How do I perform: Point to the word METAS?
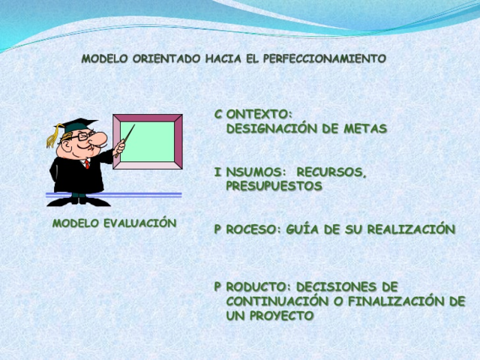[x=364, y=128]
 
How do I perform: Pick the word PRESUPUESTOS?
[x=274, y=186]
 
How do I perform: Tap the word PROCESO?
[x=247, y=229]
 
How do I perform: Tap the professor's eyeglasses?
[x=85, y=137]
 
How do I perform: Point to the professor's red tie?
[x=87, y=163]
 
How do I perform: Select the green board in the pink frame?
[x=147, y=142]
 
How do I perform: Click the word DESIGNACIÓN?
[x=274, y=128]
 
